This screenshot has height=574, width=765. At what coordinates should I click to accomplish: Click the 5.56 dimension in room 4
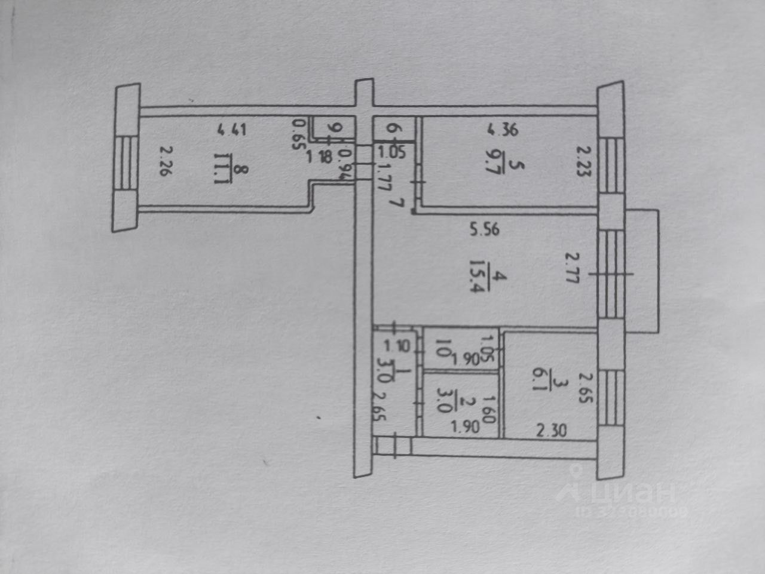pyautogui.click(x=484, y=229)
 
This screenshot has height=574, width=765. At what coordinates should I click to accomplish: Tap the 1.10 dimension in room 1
pyautogui.click(x=394, y=345)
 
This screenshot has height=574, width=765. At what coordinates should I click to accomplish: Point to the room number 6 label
pyautogui.click(x=391, y=128)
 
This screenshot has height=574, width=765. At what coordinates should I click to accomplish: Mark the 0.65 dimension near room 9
pyautogui.click(x=298, y=136)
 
